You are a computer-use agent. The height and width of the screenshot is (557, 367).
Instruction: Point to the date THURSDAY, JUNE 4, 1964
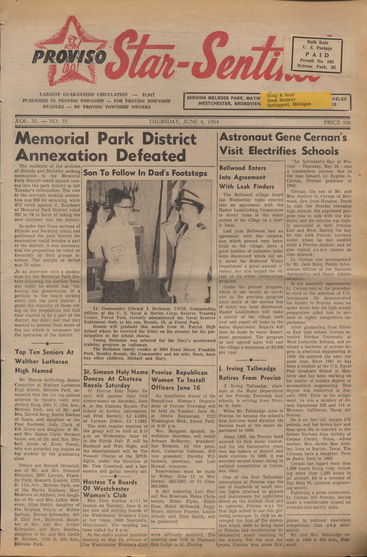184,122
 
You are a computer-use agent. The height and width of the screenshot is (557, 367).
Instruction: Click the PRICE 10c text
337,122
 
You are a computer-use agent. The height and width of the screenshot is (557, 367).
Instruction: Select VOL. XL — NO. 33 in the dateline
42,122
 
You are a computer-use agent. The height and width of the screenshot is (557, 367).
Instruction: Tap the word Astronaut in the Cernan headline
246,137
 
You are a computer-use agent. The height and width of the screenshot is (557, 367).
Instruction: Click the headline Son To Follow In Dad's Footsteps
145,173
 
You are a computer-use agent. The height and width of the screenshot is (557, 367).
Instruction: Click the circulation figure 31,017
148,95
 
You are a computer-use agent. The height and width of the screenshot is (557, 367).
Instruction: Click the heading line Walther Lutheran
41,361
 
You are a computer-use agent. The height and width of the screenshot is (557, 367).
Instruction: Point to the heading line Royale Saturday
107,385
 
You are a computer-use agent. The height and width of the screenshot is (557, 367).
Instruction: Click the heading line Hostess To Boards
110,482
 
